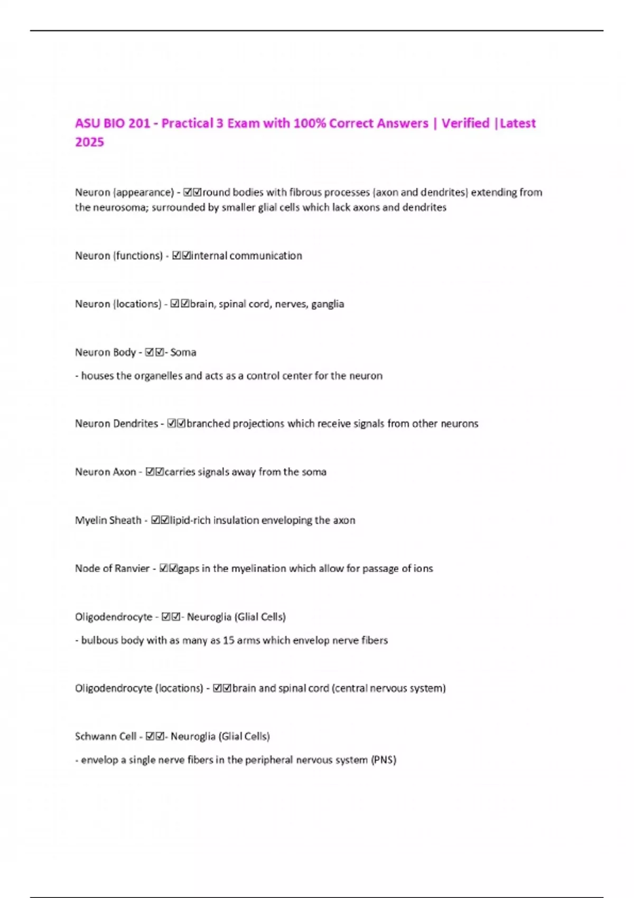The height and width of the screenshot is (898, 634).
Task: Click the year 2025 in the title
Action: (x=89, y=142)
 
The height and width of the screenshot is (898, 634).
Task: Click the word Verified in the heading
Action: (x=465, y=123)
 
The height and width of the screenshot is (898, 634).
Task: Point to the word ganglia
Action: (x=328, y=304)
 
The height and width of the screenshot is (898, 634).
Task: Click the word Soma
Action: (x=183, y=352)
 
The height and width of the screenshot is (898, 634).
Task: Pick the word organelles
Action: (x=157, y=376)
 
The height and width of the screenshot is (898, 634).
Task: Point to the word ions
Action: (x=423, y=569)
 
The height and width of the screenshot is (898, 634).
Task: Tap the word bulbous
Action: (x=99, y=641)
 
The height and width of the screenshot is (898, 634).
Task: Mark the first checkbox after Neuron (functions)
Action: (x=177, y=256)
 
